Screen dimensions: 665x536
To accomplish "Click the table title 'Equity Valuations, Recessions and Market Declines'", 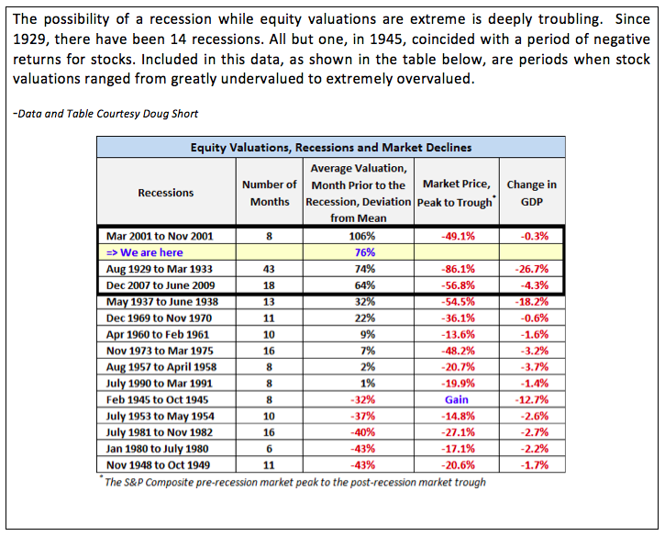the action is coord(331,147).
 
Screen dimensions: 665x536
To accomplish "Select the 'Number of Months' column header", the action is coord(270,193).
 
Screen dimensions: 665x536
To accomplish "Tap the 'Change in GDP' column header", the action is coord(531,193).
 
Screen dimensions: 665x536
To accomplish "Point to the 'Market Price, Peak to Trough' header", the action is coord(457,193).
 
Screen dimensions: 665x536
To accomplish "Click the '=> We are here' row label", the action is coord(145,252).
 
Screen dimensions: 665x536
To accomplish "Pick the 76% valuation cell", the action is coord(365,252).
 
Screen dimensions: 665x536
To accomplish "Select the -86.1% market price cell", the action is coord(458,269).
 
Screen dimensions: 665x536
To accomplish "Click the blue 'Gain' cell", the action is coord(457,400).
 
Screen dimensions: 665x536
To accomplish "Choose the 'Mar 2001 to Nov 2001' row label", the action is coord(160,237).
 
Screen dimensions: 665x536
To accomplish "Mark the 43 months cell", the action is coord(269,269).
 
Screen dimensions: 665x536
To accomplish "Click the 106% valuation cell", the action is coord(361,237).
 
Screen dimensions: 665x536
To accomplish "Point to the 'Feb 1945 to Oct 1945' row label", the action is coord(157,400).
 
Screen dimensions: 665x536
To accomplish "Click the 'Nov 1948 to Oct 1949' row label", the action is coord(158,465).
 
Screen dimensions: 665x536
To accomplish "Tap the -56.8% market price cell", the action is coord(458,285).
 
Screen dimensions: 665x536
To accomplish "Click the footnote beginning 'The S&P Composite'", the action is coord(294,482).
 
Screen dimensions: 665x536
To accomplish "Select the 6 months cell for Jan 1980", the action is coord(269,449).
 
